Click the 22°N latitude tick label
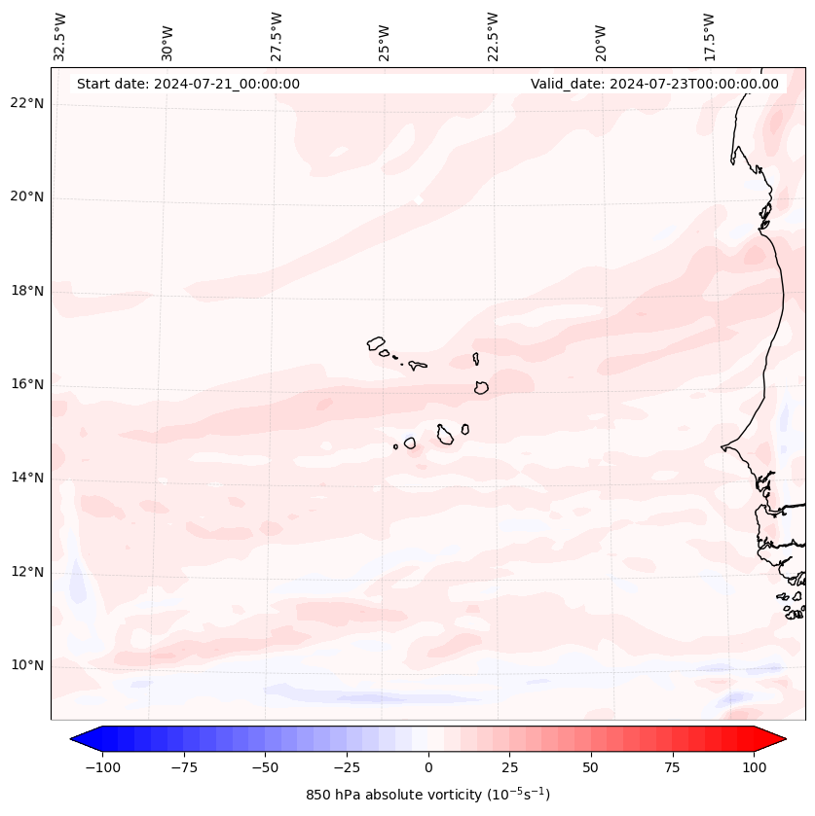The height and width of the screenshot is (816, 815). tap(26, 104)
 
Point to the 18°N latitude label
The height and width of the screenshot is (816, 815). tap(26, 291)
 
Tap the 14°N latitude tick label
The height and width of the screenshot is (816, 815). tap(26, 478)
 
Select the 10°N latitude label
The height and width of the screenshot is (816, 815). tap(26, 665)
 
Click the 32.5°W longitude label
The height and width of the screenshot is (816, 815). tap(60, 36)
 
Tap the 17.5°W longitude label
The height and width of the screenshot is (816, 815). tap(709, 36)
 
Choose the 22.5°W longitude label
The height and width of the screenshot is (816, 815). tap(493, 36)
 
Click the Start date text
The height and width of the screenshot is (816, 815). tap(188, 84)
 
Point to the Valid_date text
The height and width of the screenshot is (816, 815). tap(654, 84)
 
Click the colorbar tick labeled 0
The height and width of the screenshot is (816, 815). tap(428, 767)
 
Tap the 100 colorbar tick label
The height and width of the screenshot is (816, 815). tap(755, 767)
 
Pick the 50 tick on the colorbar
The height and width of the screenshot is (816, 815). tap(591, 767)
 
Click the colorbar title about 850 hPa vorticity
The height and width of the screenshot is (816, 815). tap(427, 795)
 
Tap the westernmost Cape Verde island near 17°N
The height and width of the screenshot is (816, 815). tap(376, 342)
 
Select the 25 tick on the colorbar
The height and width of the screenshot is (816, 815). tap(509, 767)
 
